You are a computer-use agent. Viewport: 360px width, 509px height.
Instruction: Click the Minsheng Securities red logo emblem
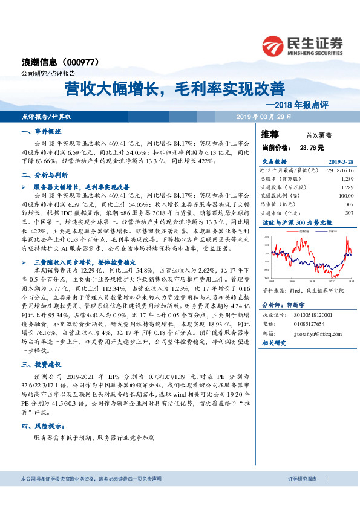pos(273,46)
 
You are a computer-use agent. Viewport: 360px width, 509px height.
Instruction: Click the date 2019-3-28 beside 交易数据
pos(341,162)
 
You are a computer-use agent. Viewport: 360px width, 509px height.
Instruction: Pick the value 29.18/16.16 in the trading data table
pos(339,171)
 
